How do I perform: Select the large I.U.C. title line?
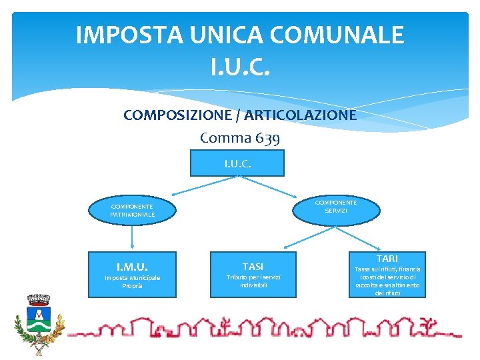click(240, 65)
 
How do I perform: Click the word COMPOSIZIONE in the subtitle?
click(178, 115)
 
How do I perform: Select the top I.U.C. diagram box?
click(237, 163)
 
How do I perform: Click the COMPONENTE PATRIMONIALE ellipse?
click(133, 211)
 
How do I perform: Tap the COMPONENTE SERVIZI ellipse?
click(335, 206)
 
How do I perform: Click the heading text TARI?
click(387, 258)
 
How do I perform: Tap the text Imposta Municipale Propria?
click(132, 281)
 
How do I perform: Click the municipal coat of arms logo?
click(39, 323)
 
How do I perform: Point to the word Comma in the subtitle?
click(225, 138)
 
